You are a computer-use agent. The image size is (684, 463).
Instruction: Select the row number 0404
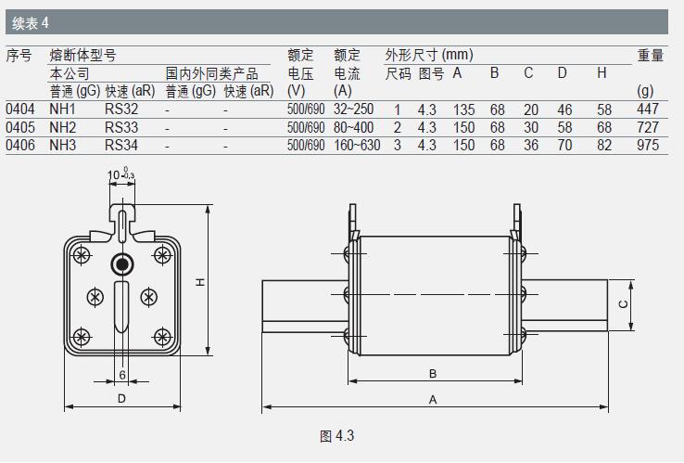20,109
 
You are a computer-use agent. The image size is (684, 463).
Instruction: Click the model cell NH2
63,127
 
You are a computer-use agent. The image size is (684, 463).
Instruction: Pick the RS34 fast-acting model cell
120,145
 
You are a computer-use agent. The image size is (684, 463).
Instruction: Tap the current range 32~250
355,109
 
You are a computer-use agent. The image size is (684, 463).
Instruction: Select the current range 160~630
357,145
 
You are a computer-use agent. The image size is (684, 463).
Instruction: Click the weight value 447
650,109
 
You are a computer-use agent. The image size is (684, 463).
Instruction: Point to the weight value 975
650,145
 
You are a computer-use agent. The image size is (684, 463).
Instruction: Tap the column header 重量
651,56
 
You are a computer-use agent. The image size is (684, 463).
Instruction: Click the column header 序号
19,56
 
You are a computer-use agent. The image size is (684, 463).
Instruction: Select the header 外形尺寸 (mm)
429,56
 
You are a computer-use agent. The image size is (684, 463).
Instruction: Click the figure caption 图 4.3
337,436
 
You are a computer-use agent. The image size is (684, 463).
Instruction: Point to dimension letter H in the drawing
199,282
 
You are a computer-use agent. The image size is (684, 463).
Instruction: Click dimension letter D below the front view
120,399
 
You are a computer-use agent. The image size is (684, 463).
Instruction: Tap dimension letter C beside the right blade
624,303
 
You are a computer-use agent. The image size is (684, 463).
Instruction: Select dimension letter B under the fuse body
432,373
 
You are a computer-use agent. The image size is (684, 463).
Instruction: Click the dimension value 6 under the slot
121,374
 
